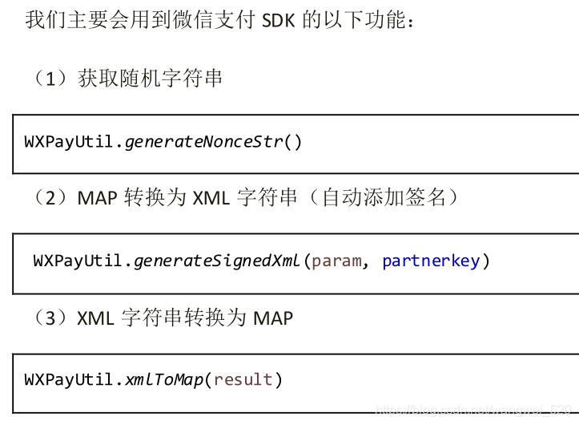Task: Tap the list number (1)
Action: (49, 79)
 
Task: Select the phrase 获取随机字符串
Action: (151, 79)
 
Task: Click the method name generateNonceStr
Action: (204, 142)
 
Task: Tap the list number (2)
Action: (49, 197)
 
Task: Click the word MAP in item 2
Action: (98, 197)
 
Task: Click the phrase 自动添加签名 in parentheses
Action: (386, 197)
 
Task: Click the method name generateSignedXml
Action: (217, 261)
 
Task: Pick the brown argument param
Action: (336, 261)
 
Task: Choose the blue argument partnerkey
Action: (431, 261)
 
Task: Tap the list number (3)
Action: (49, 318)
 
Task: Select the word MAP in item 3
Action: (273, 318)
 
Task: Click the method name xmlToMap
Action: (164, 379)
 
